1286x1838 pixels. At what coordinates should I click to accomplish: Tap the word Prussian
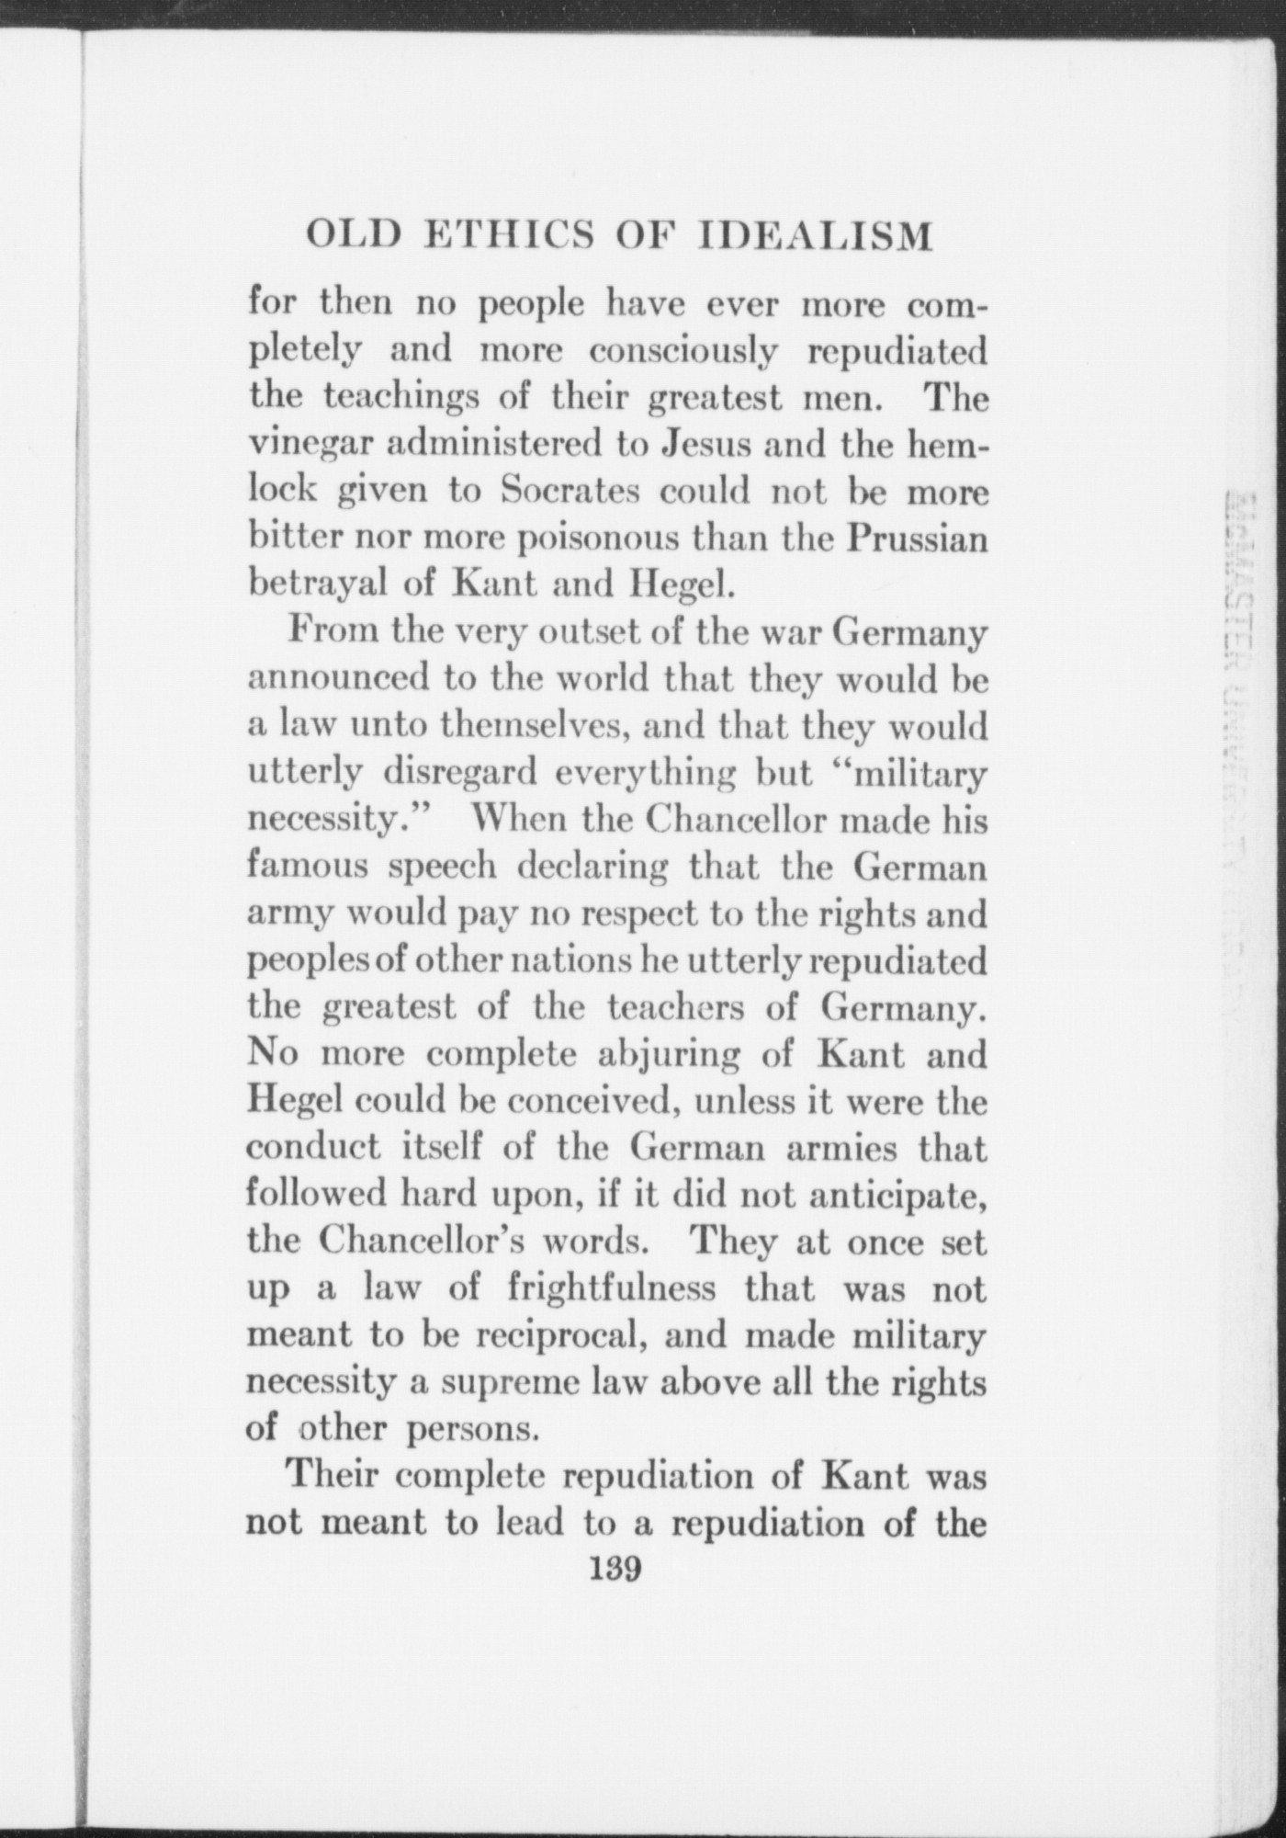tap(918, 538)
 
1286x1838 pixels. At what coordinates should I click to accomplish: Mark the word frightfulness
tap(612, 1288)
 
